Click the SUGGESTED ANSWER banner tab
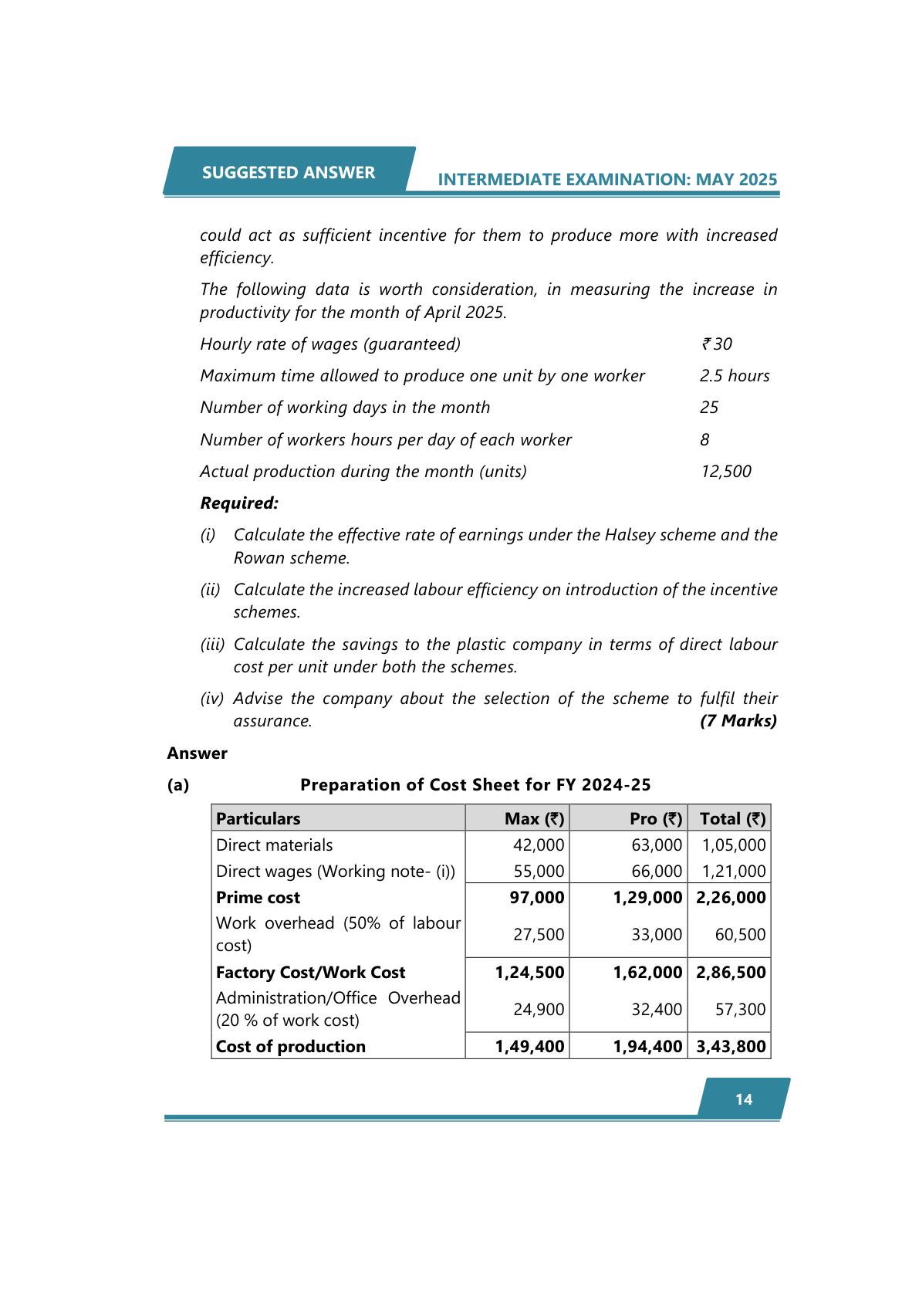(289, 172)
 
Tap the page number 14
(743, 1099)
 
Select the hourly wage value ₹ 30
(717, 344)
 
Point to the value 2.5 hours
(735, 376)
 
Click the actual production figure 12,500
(726, 472)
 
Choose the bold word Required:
(239, 503)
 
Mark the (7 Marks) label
(738, 721)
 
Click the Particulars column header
(258, 818)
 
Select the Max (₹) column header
(534, 818)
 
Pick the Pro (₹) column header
(656, 818)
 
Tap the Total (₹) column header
(732, 818)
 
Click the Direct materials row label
(275, 845)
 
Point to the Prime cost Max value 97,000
(537, 898)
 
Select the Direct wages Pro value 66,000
(657, 872)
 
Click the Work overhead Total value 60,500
(740, 935)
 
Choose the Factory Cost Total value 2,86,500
(731, 973)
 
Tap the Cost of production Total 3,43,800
(731, 1047)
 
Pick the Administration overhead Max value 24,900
(539, 1010)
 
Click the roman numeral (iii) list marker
(212, 645)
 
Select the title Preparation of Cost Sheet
(475, 785)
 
